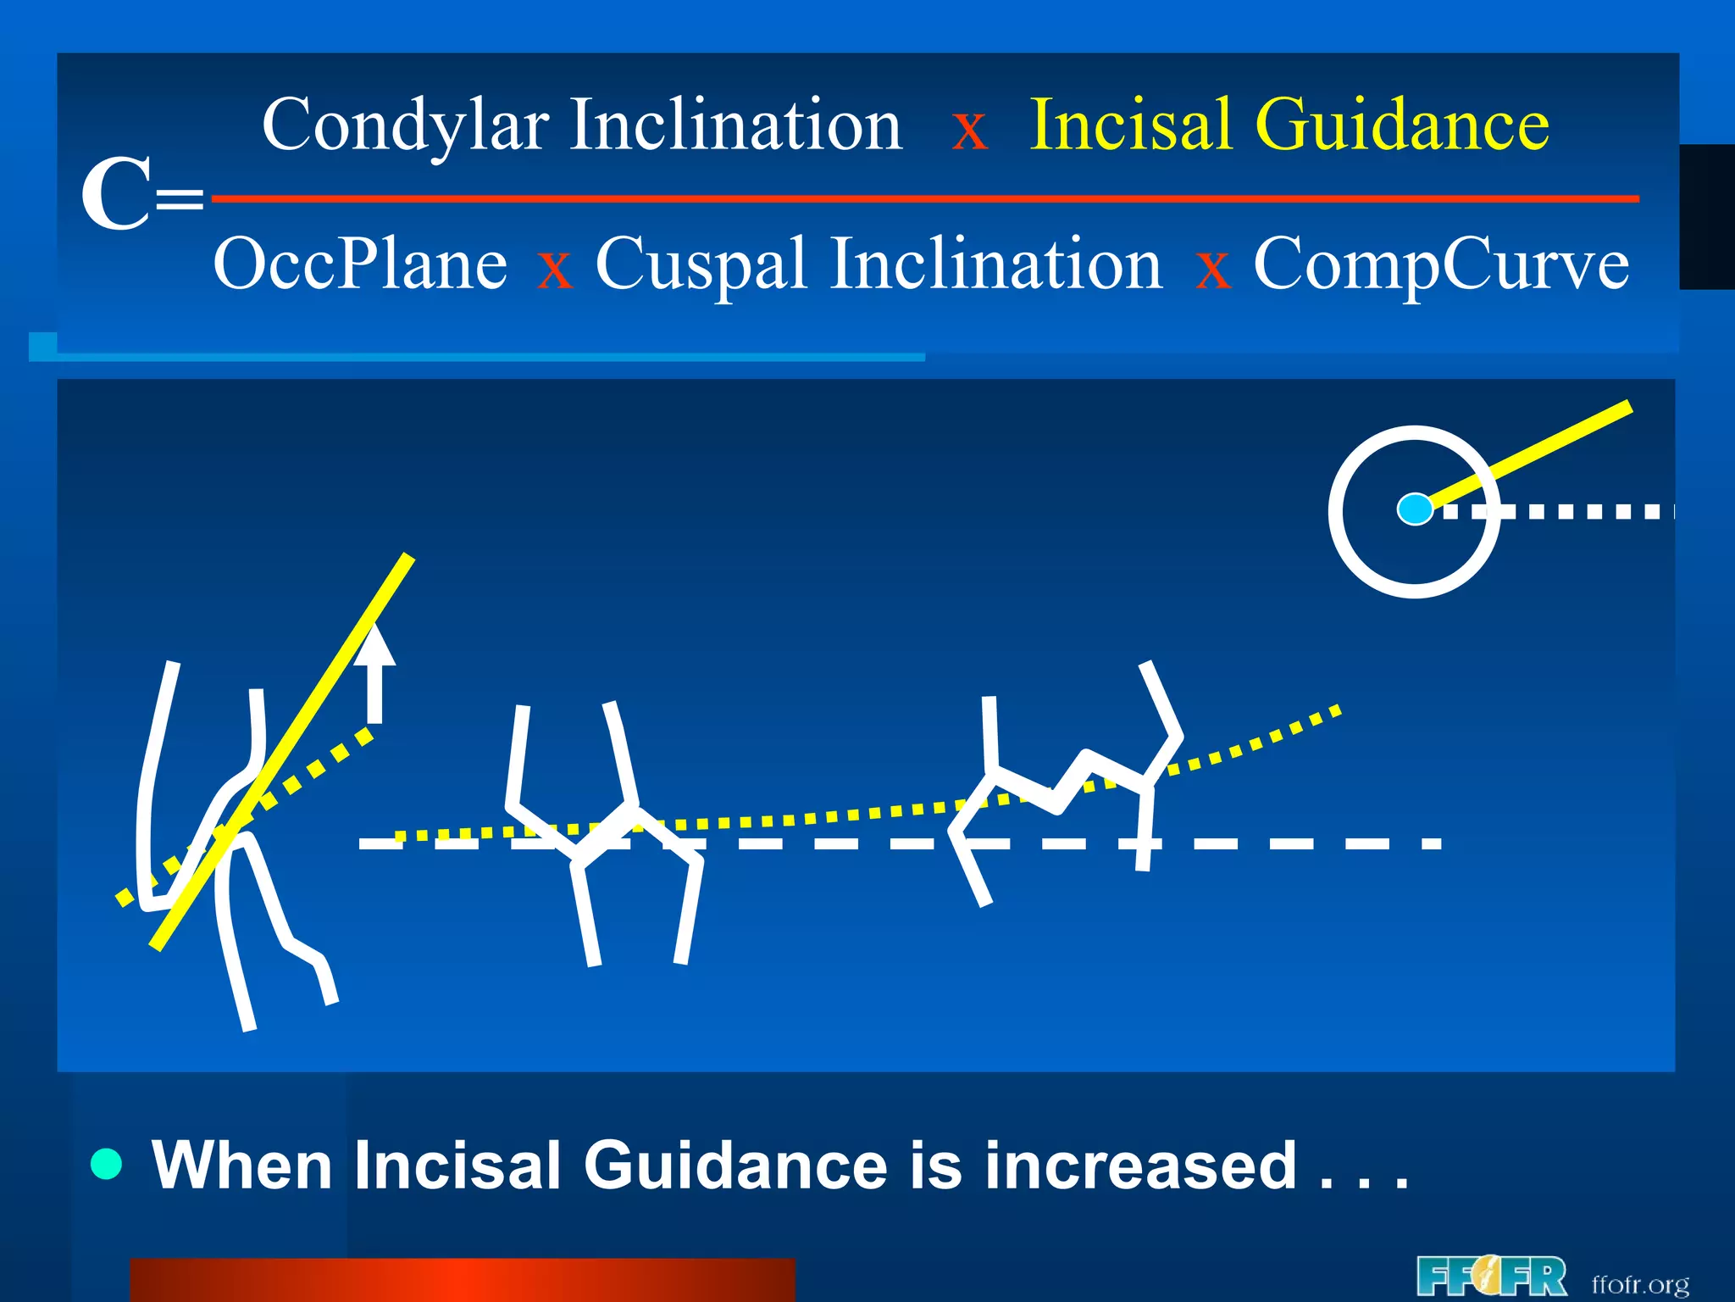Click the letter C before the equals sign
[116, 195]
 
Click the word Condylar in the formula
[405, 125]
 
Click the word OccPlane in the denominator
[360, 264]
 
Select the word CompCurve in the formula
[1441, 264]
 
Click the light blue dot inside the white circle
[1414, 509]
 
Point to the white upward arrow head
[374, 646]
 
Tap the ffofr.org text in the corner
[1640, 1284]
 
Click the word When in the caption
[242, 1166]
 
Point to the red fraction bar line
[923, 199]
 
